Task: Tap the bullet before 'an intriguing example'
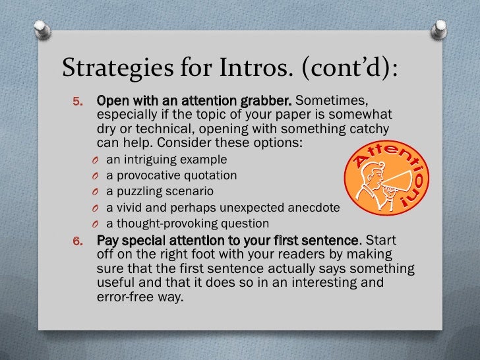[x=96, y=160]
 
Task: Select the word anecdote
[x=313, y=208]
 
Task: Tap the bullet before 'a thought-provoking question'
[x=96, y=224]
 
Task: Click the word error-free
[x=119, y=296]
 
